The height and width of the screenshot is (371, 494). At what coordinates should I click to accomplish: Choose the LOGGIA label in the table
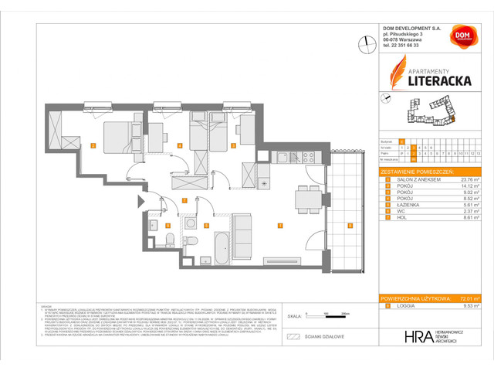coord(400,306)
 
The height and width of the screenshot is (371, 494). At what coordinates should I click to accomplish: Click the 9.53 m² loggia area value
coord(472,306)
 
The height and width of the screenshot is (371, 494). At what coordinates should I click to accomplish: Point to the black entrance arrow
coord(140,203)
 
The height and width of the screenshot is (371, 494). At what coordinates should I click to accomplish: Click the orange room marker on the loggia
coord(349,226)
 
